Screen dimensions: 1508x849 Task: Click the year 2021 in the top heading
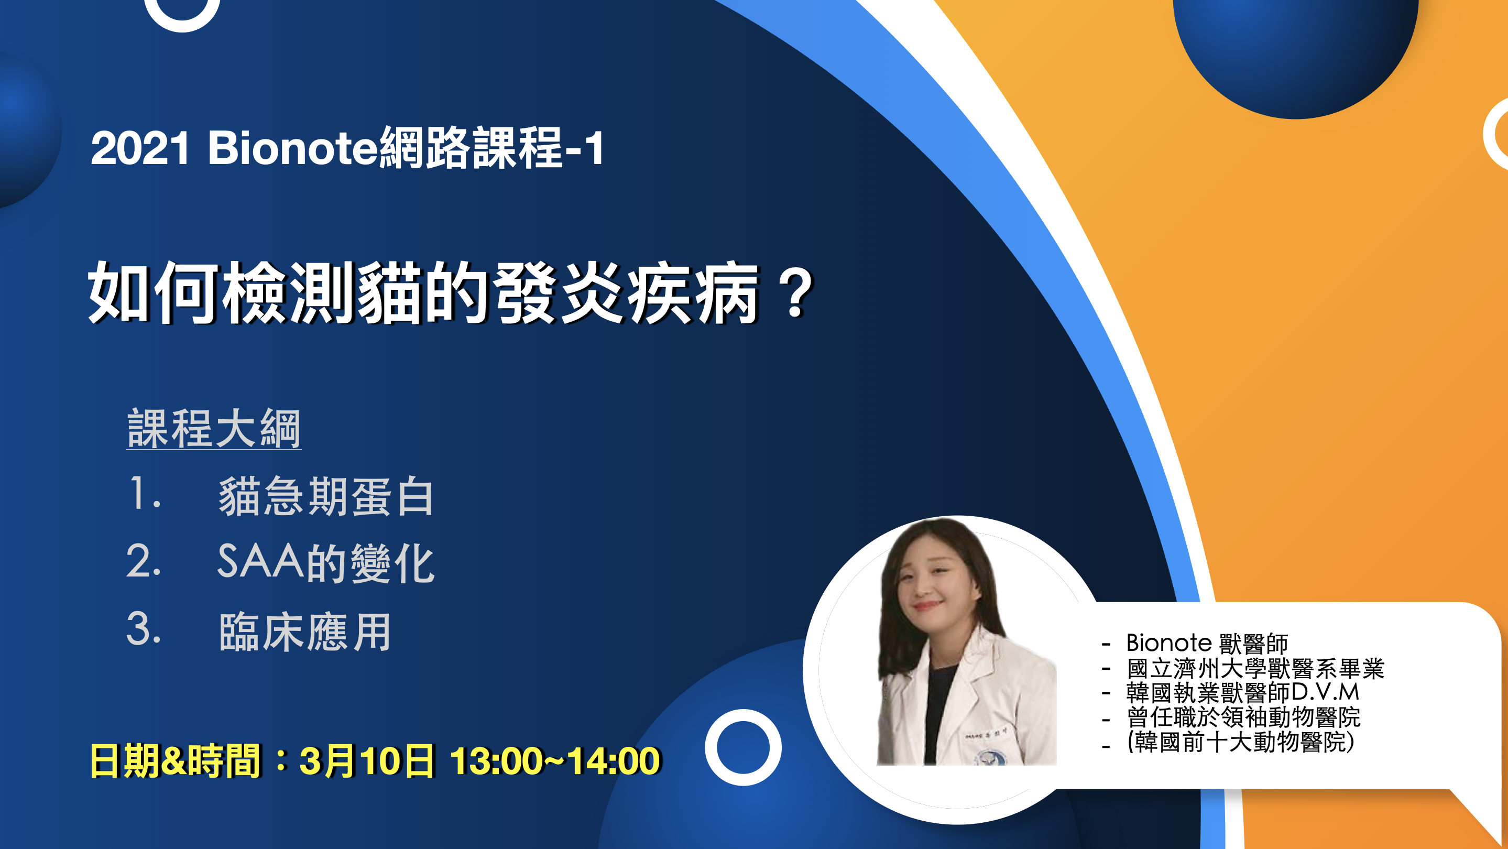tap(140, 148)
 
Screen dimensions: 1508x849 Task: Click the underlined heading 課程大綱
tap(214, 429)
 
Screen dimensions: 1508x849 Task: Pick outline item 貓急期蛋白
tap(325, 496)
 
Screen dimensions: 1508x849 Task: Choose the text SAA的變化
tap(325, 563)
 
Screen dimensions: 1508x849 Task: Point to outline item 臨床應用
tap(304, 632)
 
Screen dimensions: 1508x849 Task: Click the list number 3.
tap(143, 629)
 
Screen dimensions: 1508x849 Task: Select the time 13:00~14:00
tap(555, 761)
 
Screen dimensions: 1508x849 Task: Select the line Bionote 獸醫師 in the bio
tap(1207, 643)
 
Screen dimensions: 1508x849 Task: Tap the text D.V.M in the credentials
tap(1325, 692)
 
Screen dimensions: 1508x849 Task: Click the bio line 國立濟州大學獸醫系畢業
tap(1255, 668)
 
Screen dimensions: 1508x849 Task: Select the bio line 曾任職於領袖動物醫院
tap(1243, 717)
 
